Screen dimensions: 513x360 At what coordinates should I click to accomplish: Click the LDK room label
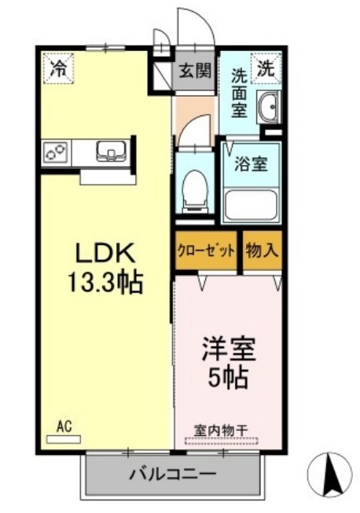coord(106,254)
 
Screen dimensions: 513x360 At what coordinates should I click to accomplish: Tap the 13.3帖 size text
coord(106,280)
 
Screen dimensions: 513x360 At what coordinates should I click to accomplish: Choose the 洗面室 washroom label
coord(240,93)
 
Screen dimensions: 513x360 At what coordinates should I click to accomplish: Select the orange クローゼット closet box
coord(205,251)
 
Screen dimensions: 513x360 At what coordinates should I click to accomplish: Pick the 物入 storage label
coord(262,251)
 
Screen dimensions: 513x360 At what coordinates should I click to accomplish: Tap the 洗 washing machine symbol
coord(267,68)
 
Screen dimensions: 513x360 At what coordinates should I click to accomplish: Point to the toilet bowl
coord(193,189)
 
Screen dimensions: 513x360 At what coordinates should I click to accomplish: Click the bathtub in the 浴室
coord(252,203)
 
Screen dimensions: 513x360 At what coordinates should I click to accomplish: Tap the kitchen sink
coord(111,151)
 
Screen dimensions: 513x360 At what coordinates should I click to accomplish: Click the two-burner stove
coord(57,151)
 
